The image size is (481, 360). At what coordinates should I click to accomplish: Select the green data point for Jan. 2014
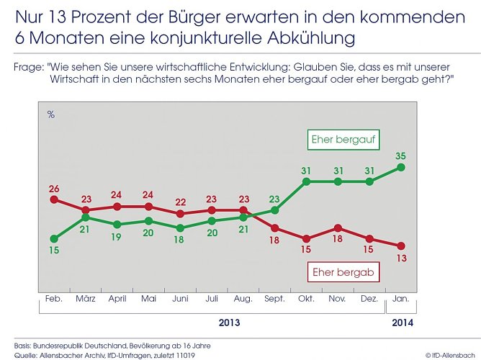(401, 167)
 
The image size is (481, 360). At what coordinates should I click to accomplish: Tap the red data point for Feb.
(54, 199)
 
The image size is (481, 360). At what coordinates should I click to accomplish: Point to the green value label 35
(401, 154)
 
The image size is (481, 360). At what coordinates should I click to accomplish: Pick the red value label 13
(401, 258)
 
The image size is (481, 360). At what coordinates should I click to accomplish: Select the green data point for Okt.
(306, 181)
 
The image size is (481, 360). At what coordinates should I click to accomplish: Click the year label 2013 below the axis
(229, 323)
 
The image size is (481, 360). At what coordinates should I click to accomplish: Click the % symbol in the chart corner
(50, 114)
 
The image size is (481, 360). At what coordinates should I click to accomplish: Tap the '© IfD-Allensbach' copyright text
(450, 354)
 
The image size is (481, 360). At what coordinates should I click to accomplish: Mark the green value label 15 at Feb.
(54, 251)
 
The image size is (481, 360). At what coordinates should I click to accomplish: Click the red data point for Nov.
(338, 228)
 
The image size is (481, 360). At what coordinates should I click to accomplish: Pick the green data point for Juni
(180, 228)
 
